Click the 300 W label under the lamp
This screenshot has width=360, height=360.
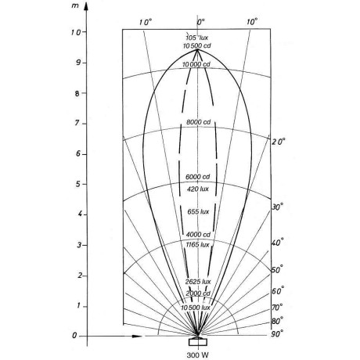pyautogui.click(x=198, y=355)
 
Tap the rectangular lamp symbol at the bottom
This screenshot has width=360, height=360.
pyautogui.click(x=198, y=342)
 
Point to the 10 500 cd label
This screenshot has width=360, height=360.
pyautogui.click(x=197, y=46)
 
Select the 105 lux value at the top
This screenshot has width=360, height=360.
pyautogui.click(x=197, y=38)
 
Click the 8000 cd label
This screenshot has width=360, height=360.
pyautogui.click(x=198, y=122)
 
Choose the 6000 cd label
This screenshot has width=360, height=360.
pyautogui.click(x=198, y=177)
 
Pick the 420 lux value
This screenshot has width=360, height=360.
pyautogui.click(x=198, y=189)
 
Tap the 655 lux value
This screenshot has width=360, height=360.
pyautogui.click(x=198, y=211)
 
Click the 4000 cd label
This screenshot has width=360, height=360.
pyautogui.click(x=198, y=235)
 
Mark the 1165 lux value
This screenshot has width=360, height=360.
pyautogui.click(x=198, y=245)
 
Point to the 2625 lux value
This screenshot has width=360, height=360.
pyautogui.click(x=198, y=282)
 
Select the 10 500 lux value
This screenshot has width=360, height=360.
pyautogui.click(x=196, y=308)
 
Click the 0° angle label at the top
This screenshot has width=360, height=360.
pyautogui.click(x=200, y=22)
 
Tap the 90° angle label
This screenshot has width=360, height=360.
pyautogui.click(x=277, y=334)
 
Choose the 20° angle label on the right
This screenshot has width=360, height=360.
pyautogui.click(x=279, y=142)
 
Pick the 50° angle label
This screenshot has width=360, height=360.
pyautogui.click(x=277, y=270)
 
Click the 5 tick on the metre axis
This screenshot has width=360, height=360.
pyautogui.click(x=78, y=185)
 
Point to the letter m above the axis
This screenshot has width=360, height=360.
pyautogui.click(x=75, y=5)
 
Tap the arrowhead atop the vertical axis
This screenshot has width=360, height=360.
pyautogui.click(x=87, y=5)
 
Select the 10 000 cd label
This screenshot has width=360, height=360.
pyautogui.click(x=196, y=64)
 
